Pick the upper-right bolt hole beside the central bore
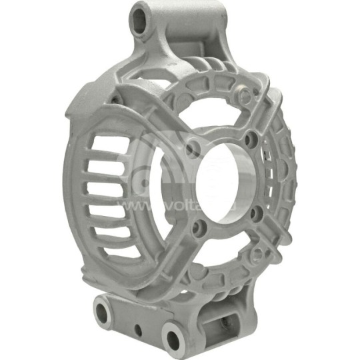[251, 139]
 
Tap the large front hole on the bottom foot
[175, 337]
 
